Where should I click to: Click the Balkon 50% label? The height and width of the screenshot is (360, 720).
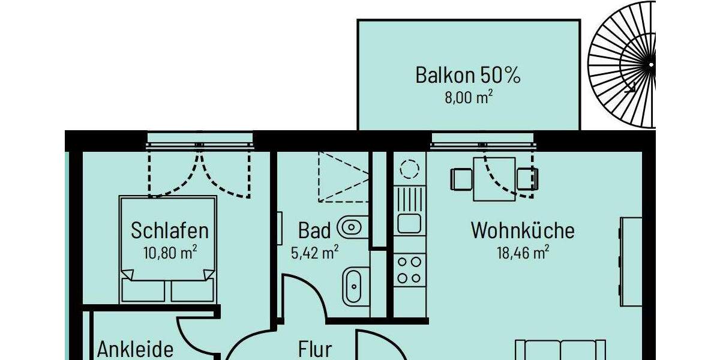[x=467, y=76]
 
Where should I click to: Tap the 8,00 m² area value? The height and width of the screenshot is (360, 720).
[x=468, y=97]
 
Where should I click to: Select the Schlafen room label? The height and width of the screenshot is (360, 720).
[x=170, y=230]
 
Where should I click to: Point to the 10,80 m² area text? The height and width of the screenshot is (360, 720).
[x=170, y=252]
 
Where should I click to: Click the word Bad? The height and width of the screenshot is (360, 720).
[x=314, y=230]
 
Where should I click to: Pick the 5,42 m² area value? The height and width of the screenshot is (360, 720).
[x=314, y=252]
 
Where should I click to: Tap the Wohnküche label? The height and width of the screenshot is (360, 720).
[x=522, y=230]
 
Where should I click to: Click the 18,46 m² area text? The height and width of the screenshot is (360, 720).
[x=522, y=252]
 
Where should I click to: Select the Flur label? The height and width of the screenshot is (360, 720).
[x=315, y=349]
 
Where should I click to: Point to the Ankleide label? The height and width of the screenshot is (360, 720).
[x=136, y=349]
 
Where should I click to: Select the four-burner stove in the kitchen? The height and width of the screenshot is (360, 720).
[x=410, y=269]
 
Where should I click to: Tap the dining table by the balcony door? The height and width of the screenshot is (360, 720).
[x=494, y=179]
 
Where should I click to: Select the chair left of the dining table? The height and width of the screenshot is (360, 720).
[x=461, y=179]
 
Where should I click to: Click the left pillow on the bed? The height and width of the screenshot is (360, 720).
[x=143, y=290]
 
